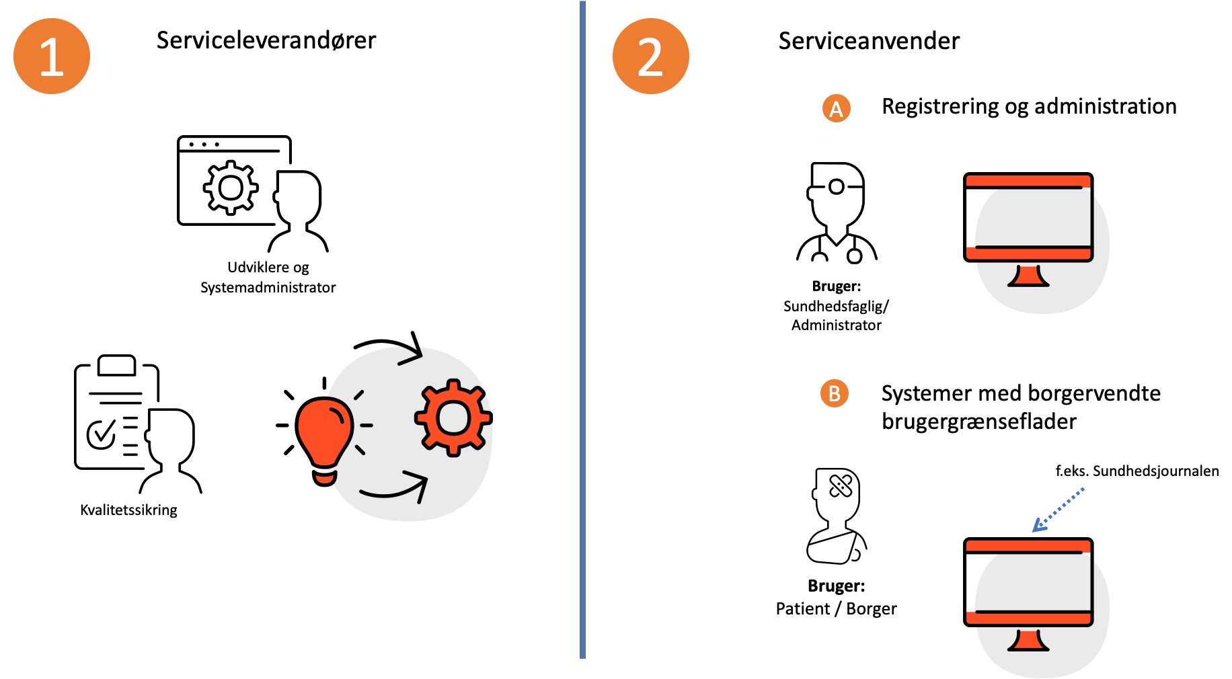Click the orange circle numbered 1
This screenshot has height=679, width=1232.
point(52,56)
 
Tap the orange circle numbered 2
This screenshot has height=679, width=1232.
point(650,56)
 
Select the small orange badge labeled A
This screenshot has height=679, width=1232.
point(836,108)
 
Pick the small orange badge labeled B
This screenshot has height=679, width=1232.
point(834,393)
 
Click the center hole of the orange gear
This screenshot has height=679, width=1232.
point(453,417)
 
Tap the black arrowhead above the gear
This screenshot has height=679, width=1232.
point(412,354)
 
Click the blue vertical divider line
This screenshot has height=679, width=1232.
point(582,329)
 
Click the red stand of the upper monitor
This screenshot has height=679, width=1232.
point(1028,276)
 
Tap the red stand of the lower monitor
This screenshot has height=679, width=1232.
point(1028,641)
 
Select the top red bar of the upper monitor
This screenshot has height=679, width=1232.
point(1028,181)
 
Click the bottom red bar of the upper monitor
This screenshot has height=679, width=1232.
point(1028,253)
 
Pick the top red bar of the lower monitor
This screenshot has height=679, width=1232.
point(1028,546)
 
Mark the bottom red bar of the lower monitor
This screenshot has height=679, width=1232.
point(1028,618)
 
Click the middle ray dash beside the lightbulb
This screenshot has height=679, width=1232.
point(367,425)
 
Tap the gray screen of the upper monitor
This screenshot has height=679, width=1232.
point(1032,216)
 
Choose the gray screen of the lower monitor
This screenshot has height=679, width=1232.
point(1032,582)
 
